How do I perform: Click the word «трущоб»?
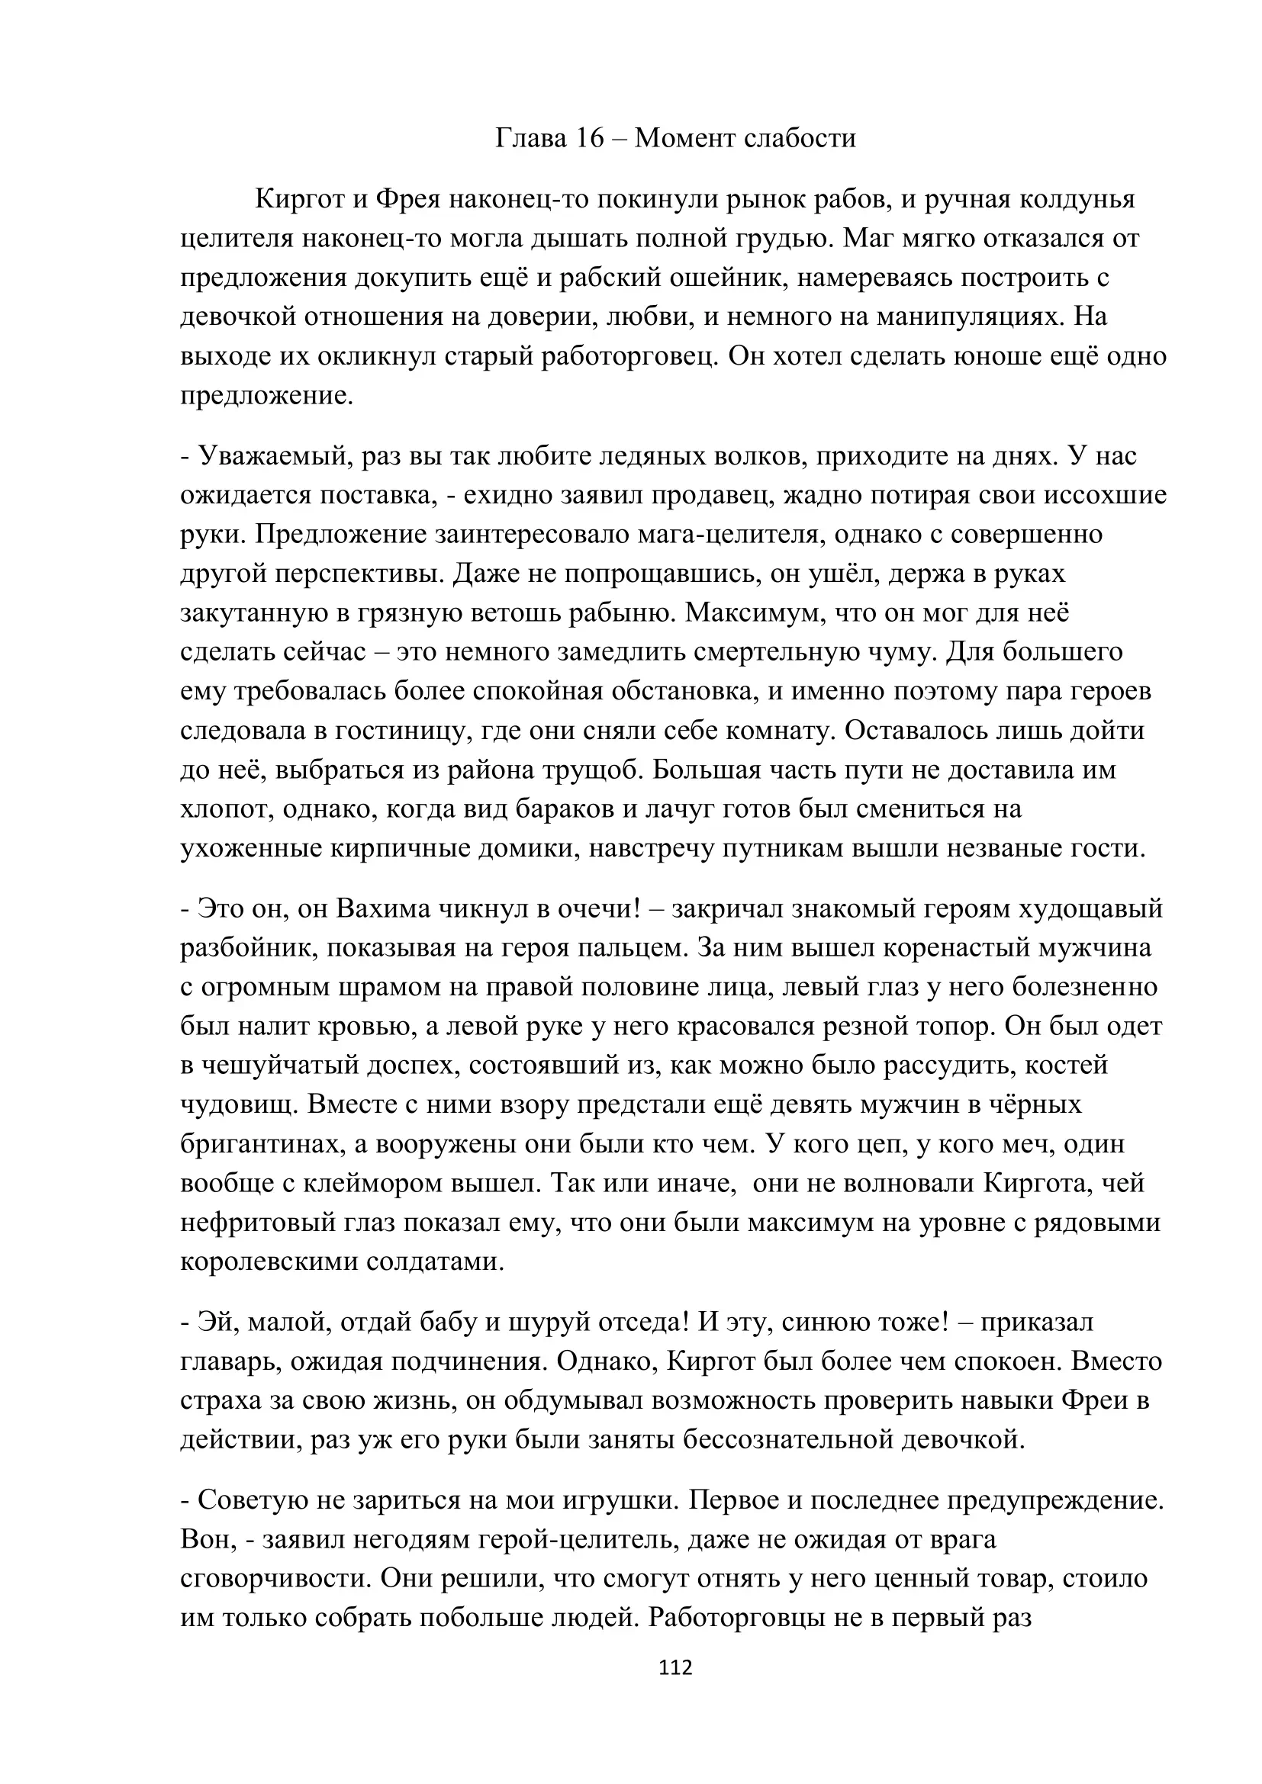(578, 770)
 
